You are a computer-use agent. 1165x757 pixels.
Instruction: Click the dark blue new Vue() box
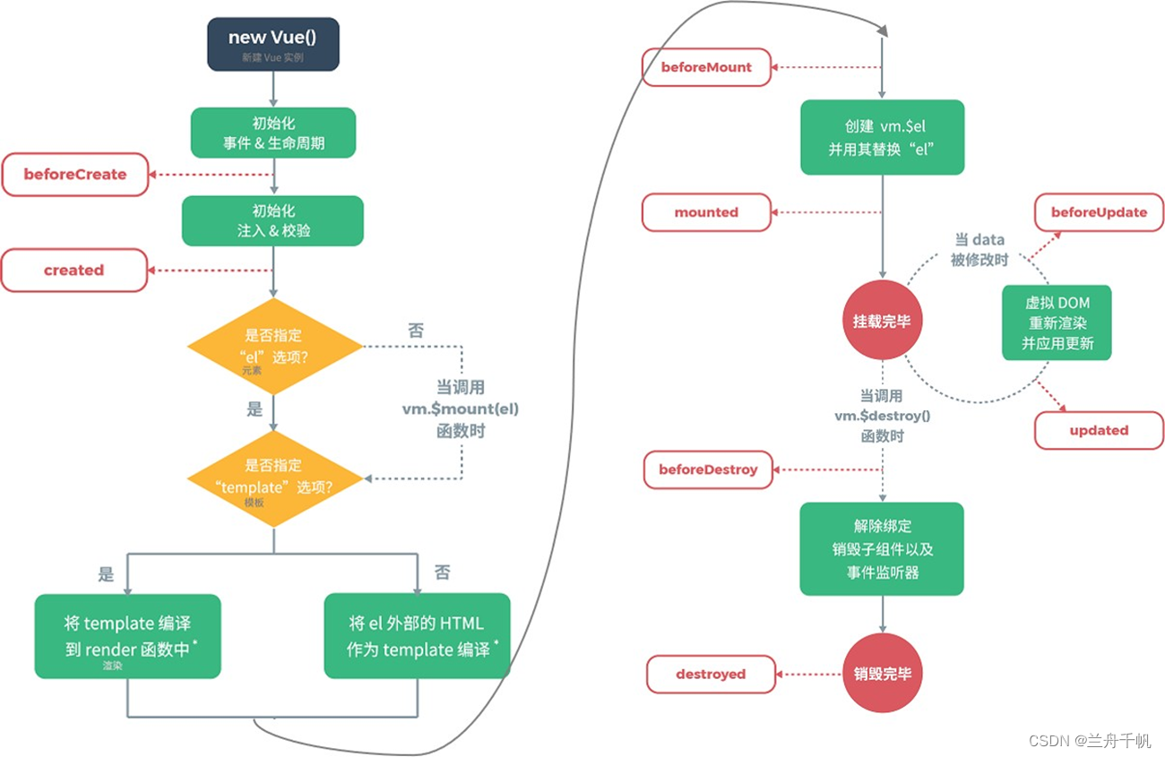click(273, 44)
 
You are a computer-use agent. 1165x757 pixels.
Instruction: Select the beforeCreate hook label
click(75, 175)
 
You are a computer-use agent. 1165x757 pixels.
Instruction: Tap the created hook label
click(74, 271)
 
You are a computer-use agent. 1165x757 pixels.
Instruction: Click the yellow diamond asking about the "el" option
click(274, 347)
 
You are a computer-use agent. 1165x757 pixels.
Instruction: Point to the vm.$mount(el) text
click(461, 409)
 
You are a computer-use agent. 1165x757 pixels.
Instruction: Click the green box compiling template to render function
click(127, 636)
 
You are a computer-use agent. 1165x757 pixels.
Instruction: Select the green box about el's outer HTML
click(417, 636)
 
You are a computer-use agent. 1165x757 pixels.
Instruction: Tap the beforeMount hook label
click(706, 67)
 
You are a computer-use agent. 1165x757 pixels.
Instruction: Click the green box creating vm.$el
click(882, 136)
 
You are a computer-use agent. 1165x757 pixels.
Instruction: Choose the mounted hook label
click(706, 212)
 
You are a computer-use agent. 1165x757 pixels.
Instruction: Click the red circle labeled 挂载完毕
click(882, 321)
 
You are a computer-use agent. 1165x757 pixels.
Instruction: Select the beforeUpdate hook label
click(1099, 212)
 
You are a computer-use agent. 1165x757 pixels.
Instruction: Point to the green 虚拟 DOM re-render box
click(1057, 323)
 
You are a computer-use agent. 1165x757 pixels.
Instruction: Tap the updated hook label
click(1099, 430)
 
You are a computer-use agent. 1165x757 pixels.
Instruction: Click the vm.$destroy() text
click(882, 416)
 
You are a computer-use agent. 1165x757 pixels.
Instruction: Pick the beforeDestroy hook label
click(708, 469)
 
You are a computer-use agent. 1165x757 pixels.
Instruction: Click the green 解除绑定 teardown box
click(882, 549)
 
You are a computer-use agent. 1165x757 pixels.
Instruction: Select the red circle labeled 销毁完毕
click(882, 674)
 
